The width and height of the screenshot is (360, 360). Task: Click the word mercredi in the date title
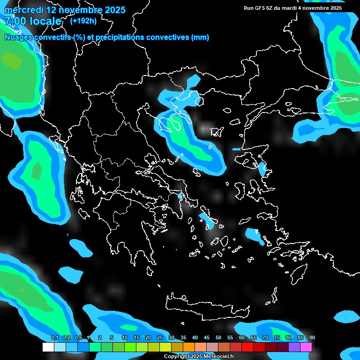click(x=23, y=10)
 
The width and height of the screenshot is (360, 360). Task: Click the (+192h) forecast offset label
click(x=83, y=21)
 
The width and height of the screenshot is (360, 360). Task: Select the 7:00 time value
click(x=15, y=22)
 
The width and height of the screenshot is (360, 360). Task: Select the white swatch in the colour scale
click(x=48, y=347)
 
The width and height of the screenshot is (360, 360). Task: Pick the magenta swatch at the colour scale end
click(x=306, y=347)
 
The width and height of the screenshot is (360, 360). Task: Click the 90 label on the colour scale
click(x=312, y=338)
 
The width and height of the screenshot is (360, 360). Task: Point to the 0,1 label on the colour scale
click(x=54, y=338)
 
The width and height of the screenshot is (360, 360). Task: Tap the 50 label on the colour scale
click(x=218, y=338)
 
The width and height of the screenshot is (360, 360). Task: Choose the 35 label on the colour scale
click(x=183, y=338)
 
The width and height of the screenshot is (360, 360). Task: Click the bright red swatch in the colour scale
click(x=247, y=347)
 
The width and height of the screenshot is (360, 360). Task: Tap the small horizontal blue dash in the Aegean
click(x=236, y=149)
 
